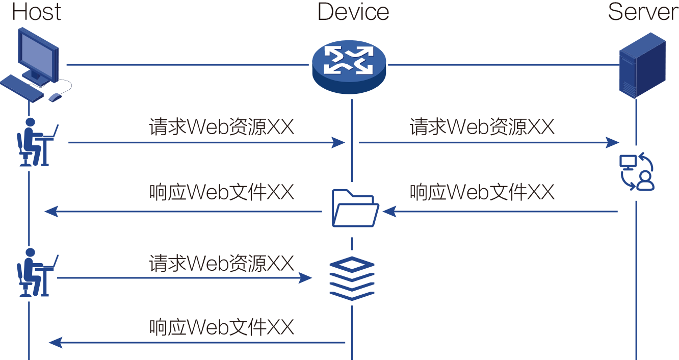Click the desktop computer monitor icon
point(38,54)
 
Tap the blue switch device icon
point(349,65)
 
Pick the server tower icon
point(642,65)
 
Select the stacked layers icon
point(352,278)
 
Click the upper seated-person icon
point(30,143)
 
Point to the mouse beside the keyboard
point(55,96)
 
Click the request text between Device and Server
point(482,127)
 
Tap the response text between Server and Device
point(482,192)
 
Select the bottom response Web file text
point(222,327)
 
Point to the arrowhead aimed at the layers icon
point(305,278)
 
